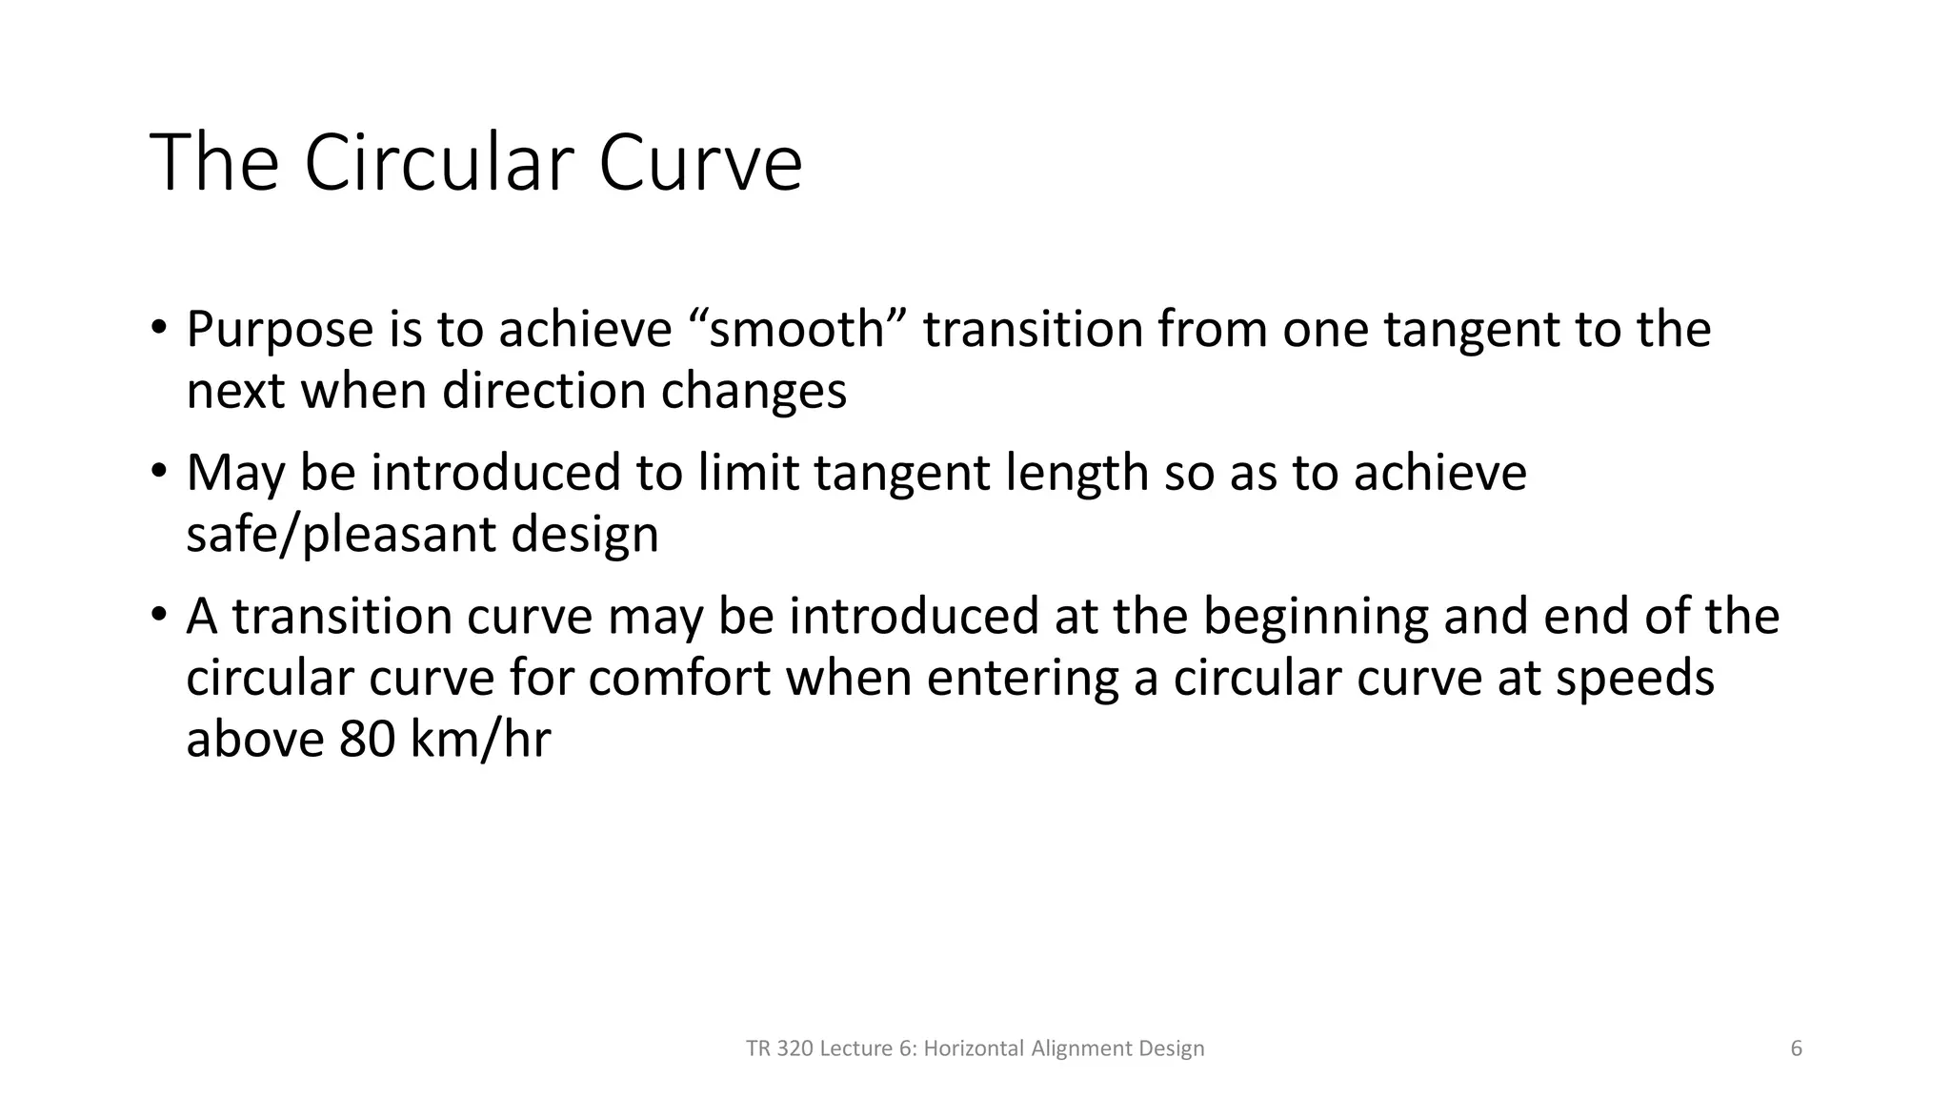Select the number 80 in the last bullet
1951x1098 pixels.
367,740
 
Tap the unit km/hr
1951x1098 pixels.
480,740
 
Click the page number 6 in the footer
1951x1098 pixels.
1796,1048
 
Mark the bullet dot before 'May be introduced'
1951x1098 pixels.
158,472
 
